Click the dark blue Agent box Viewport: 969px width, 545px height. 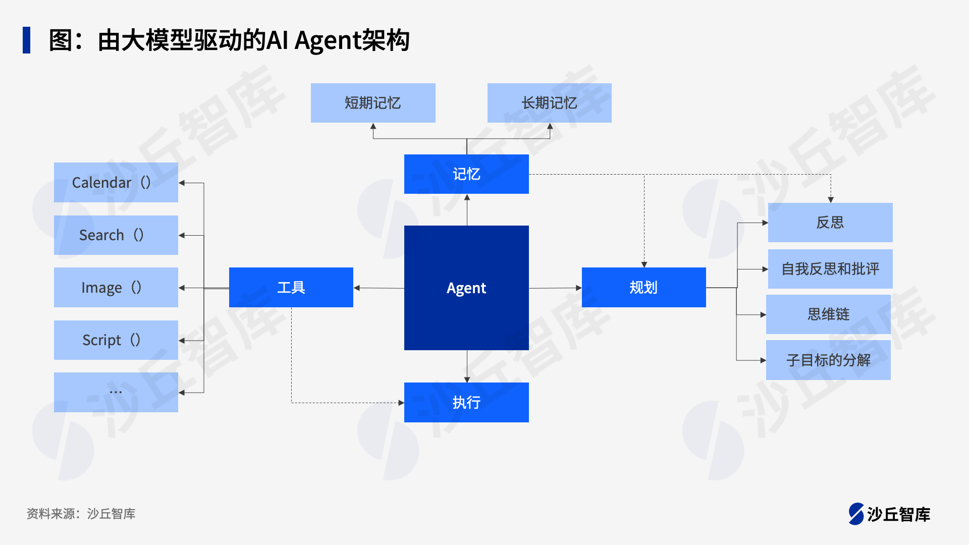point(466,288)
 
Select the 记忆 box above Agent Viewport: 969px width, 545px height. point(466,174)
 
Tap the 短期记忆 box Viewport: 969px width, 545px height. point(373,103)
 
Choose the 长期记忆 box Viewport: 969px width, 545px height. point(549,103)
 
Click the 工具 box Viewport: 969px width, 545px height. point(291,288)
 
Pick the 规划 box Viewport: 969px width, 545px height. point(643,288)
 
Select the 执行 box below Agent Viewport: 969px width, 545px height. point(466,402)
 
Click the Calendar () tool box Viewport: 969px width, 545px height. point(116,182)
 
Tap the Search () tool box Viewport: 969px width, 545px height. point(116,235)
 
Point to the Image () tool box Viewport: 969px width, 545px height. point(116,288)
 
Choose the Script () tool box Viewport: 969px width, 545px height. point(116,340)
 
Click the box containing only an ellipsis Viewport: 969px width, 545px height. point(116,392)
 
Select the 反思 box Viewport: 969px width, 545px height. point(830,223)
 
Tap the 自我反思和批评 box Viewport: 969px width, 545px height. point(830,269)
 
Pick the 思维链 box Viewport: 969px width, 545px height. point(828,314)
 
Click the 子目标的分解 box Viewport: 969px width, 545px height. point(828,360)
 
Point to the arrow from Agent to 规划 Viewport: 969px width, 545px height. point(555,288)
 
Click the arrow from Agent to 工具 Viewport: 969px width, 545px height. point(379,288)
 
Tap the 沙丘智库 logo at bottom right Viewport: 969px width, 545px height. point(889,514)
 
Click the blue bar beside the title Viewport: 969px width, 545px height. point(26,40)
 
